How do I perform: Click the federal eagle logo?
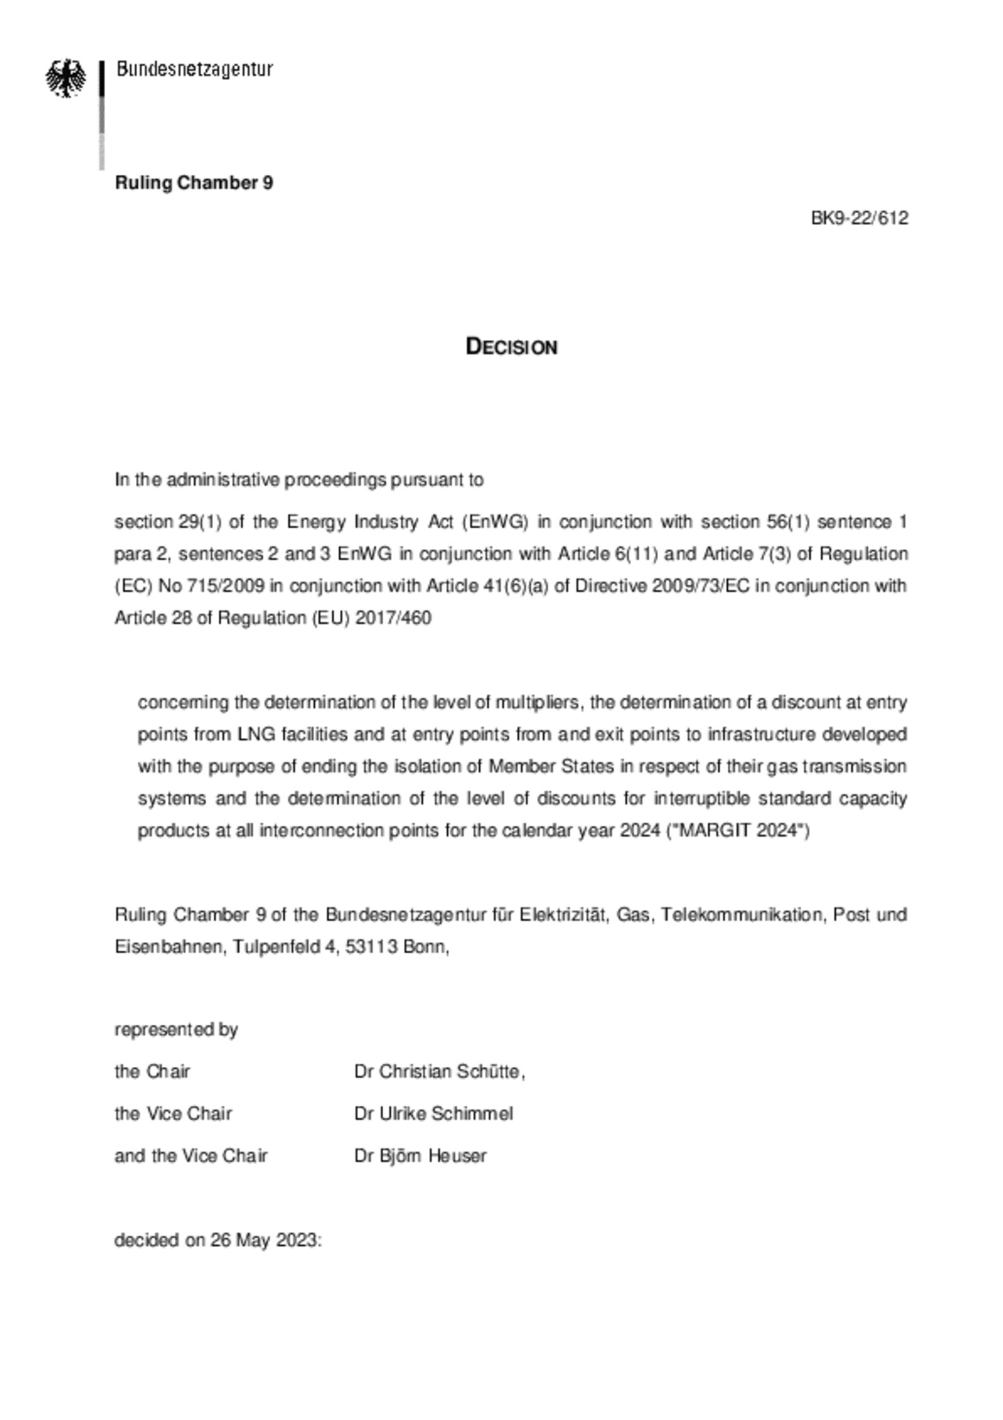coord(66,78)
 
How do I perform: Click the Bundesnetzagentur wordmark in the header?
coord(194,69)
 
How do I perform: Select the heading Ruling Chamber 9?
coord(194,183)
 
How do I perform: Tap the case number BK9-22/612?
coord(859,219)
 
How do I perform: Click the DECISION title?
coord(511,347)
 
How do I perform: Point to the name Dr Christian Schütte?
coord(439,1072)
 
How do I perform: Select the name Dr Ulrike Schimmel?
coord(433,1113)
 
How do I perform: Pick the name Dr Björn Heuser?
coord(420,1156)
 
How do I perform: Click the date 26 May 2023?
coord(264,1241)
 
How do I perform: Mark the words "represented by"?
coord(176,1030)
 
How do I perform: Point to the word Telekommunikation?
coord(742,915)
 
